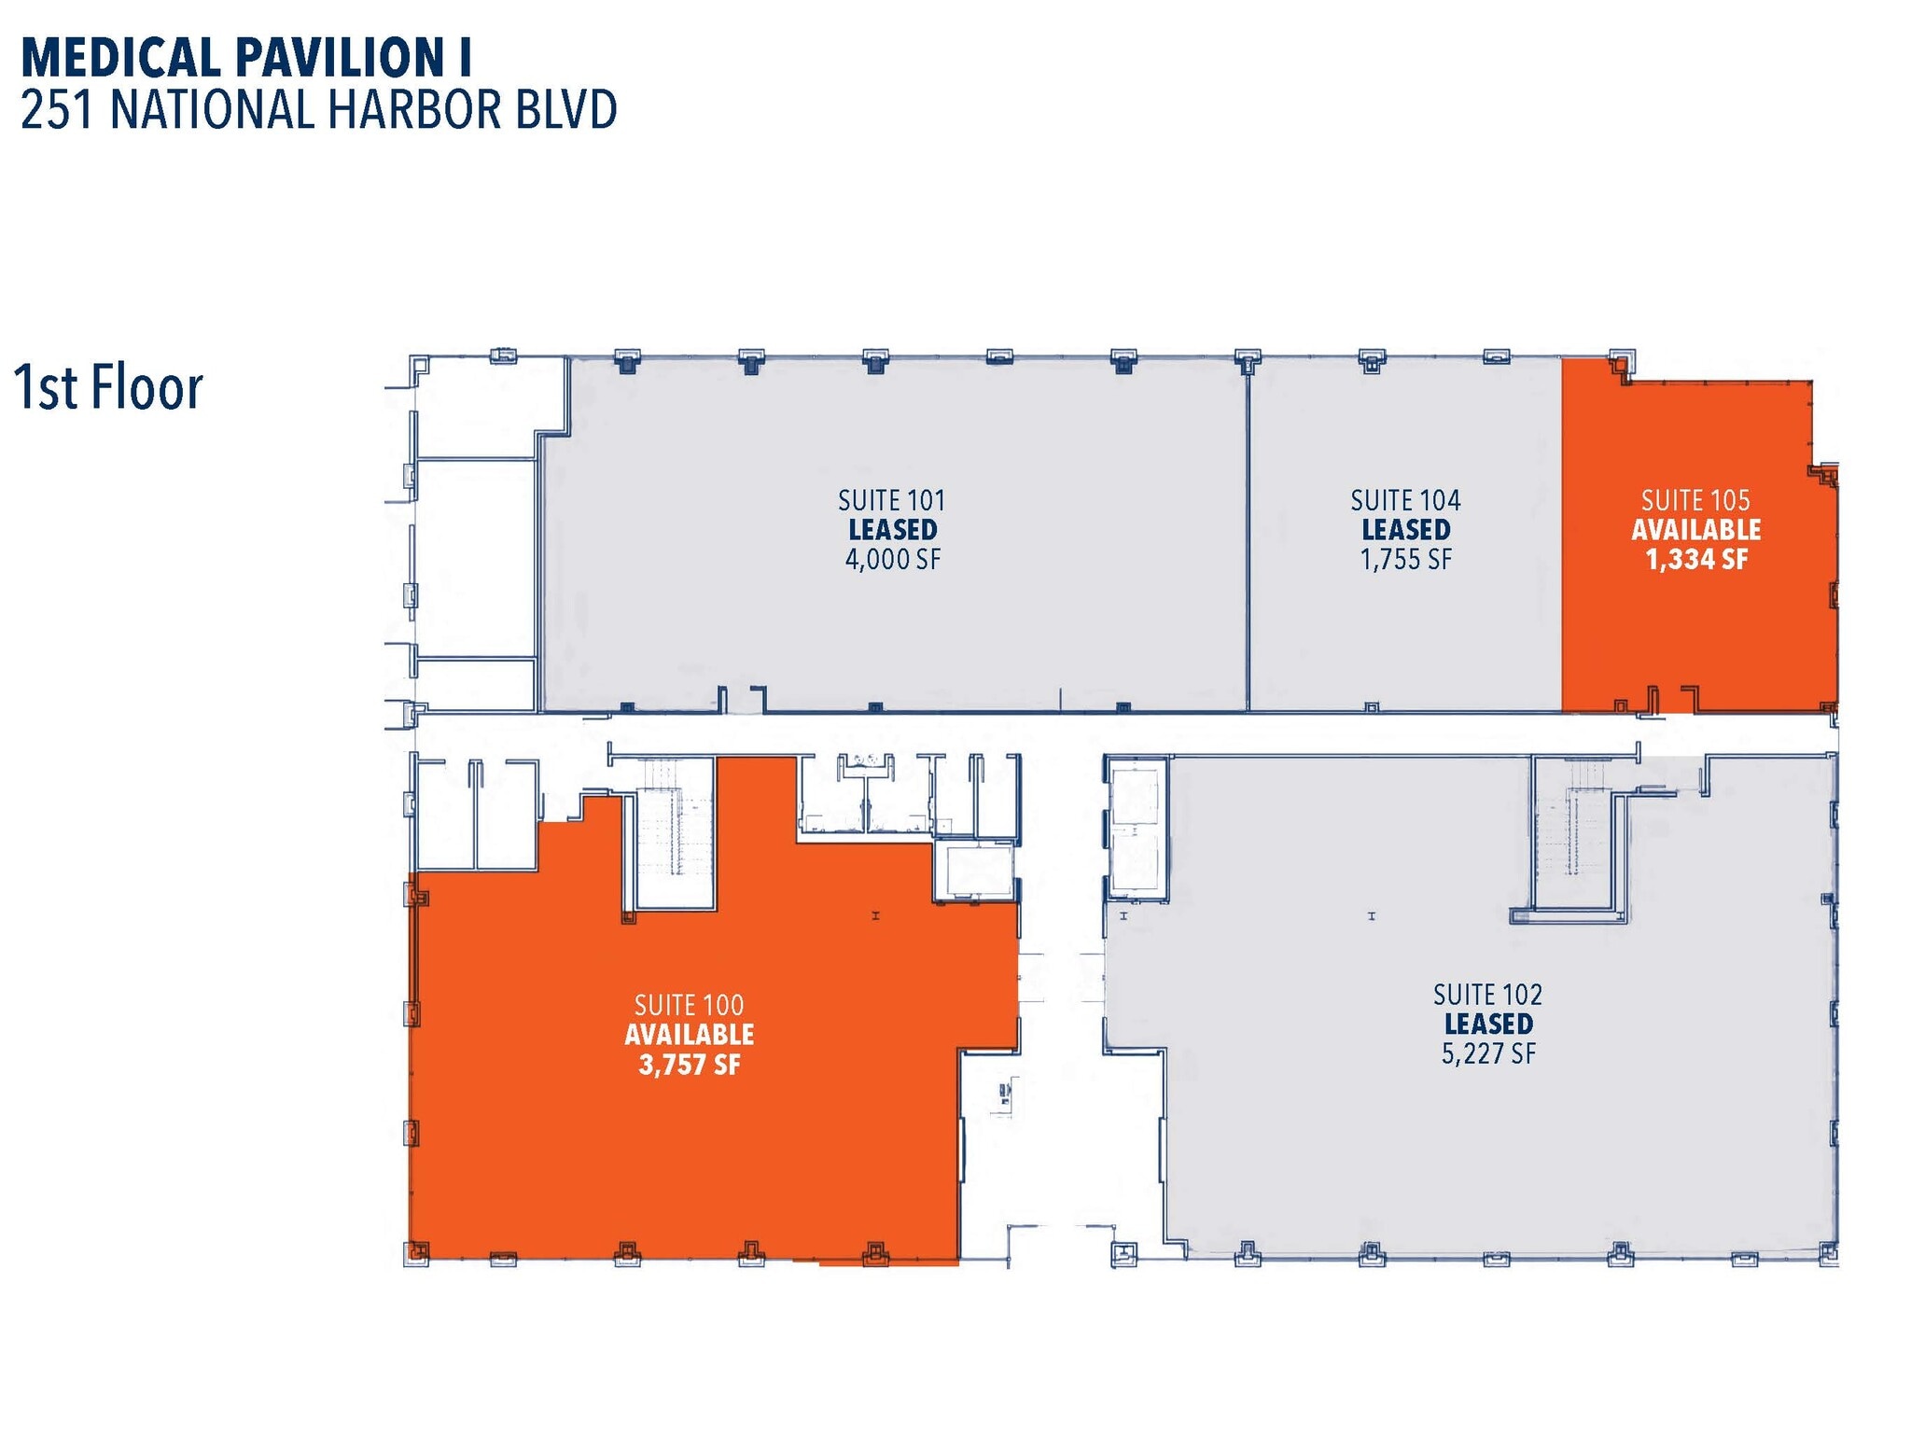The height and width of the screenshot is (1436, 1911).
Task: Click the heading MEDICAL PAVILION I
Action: [245, 58]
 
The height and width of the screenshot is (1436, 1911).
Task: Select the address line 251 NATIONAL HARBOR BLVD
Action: [318, 110]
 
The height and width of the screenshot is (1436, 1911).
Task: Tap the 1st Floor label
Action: [108, 388]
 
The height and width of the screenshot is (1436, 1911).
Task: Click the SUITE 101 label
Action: [891, 501]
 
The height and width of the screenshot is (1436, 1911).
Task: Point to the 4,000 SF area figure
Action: [892, 560]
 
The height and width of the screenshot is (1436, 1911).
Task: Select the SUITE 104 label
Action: [1405, 501]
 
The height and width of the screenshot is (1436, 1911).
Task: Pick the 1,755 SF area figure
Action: [1405, 560]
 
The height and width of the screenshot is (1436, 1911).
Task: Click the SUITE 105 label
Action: [1695, 501]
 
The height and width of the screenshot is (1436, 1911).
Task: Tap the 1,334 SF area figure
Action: [1695, 560]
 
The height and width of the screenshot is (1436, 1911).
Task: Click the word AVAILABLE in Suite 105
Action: [1695, 530]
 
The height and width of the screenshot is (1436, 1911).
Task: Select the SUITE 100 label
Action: [689, 1005]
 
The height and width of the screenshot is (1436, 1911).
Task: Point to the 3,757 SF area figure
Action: [689, 1065]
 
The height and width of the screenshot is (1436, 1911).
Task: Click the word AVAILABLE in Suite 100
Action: [689, 1035]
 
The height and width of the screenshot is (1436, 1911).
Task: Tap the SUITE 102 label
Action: [1487, 995]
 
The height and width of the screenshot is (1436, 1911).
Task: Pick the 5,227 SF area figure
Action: [1487, 1054]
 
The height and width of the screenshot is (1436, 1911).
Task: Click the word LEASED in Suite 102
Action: [1487, 1025]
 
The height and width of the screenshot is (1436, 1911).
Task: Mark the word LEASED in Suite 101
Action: [892, 530]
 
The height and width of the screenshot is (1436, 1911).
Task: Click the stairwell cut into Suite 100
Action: [675, 830]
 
